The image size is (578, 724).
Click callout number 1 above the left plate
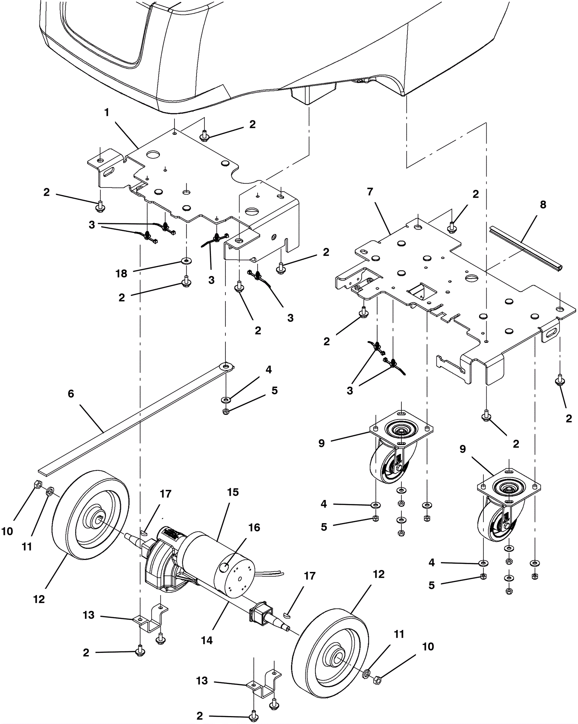point(107,113)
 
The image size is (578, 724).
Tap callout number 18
point(121,273)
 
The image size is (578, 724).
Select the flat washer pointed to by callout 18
point(186,260)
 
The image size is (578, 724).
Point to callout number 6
point(71,393)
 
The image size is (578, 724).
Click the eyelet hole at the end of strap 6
point(227,367)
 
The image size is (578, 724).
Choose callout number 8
point(543,204)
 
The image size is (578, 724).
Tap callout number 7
point(370,192)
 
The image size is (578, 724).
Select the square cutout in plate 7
point(422,291)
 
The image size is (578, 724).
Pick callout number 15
point(233,492)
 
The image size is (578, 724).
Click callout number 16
point(254,527)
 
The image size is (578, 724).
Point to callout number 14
point(207,641)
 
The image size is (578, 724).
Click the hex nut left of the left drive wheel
point(38,484)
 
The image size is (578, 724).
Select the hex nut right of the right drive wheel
point(377,680)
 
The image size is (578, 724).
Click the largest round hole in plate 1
point(154,155)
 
